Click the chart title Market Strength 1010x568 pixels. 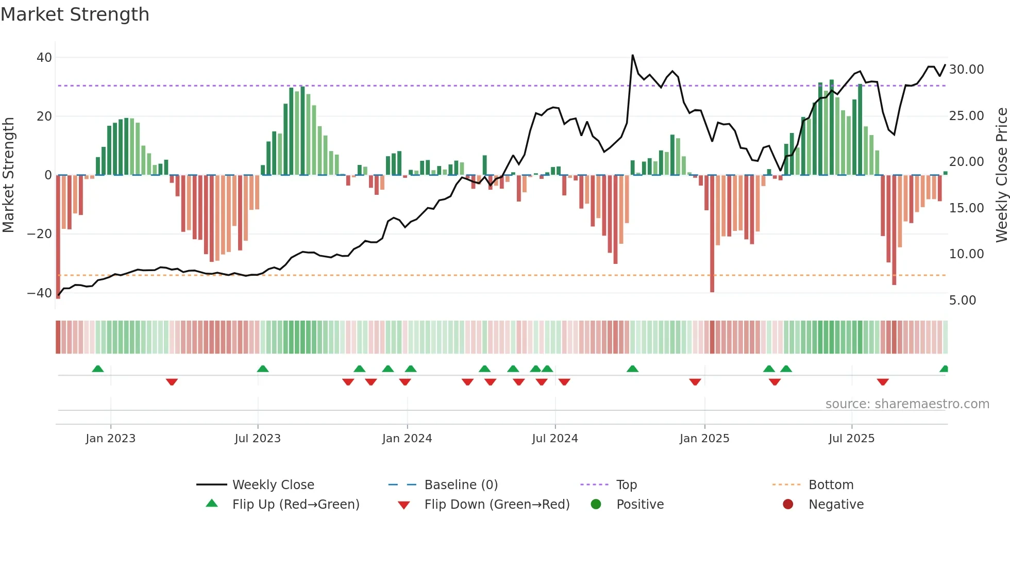click(75, 14)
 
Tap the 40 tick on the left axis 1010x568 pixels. click(44, 58)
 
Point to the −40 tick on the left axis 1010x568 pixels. click(40, 293)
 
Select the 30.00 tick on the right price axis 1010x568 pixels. click(966, 70)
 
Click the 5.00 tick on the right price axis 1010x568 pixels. click(962, 300)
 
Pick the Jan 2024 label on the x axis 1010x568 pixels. click(407, 439)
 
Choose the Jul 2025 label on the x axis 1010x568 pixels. click(851, 439)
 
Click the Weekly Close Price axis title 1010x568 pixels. click(1001, 175)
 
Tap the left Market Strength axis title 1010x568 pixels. click(9, 175)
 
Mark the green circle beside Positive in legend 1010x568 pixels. click(596, 505)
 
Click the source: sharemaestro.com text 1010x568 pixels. click(907, 404)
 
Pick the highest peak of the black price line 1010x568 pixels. click(632, 55)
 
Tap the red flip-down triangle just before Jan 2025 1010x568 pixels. click(695, 382)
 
